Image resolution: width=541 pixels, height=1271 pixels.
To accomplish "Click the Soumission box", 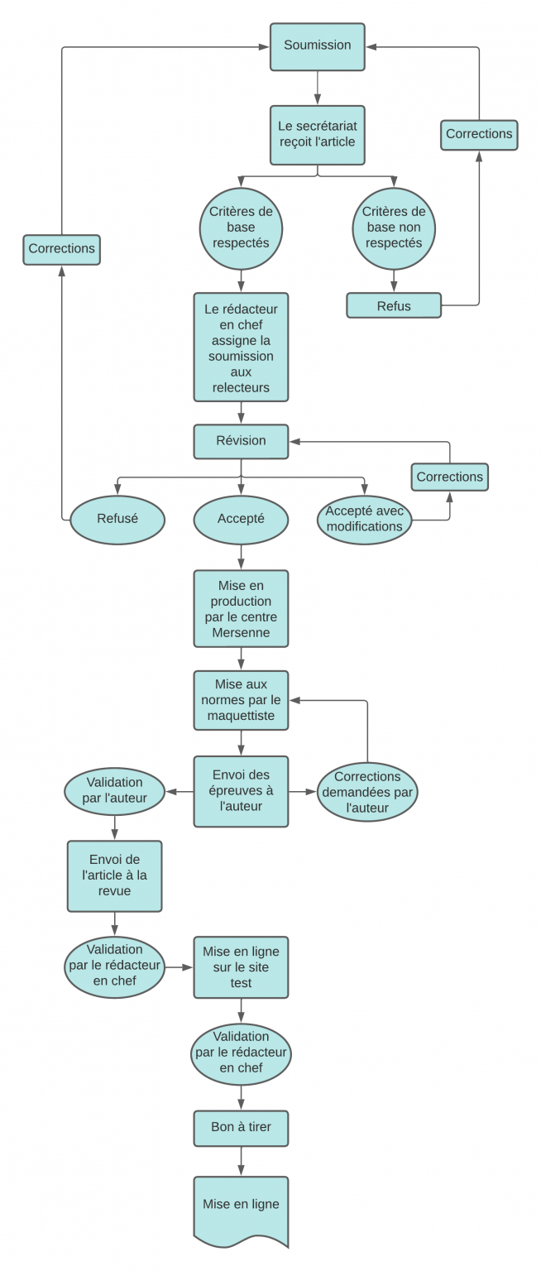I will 318,46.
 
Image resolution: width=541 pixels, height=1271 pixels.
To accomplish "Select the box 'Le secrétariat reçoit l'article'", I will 318,134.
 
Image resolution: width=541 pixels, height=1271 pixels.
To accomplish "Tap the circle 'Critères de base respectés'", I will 241,228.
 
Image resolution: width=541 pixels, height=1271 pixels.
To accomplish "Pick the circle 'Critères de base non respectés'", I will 394,228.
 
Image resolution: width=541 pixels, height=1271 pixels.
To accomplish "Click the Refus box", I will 394,305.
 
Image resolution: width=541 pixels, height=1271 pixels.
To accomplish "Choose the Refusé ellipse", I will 117,520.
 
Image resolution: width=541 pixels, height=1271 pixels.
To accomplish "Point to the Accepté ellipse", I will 241,520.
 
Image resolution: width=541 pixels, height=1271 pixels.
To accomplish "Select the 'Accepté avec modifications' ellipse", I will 364,520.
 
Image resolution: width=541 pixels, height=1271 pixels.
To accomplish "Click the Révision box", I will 241,441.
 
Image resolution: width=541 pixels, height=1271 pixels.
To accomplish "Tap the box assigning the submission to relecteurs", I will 241,348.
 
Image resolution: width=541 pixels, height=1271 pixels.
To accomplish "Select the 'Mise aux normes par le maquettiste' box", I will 241,701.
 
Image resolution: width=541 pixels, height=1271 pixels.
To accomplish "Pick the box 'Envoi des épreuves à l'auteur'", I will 241,791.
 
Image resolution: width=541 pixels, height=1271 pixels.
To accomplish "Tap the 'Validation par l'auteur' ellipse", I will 114,791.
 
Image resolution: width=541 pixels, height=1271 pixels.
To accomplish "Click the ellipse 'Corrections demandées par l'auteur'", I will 367,792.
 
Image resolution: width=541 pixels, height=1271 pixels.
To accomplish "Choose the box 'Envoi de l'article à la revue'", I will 114,876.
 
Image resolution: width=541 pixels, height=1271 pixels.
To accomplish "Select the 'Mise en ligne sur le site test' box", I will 241,967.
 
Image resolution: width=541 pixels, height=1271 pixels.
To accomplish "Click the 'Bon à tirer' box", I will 241,1128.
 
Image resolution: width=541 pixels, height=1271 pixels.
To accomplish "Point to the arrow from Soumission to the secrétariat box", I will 318,88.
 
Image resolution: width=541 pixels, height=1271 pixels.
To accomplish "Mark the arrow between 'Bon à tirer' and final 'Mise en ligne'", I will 241,1161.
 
